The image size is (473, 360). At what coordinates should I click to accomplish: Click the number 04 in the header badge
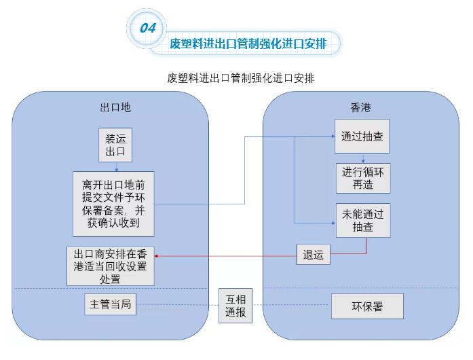click(x=148, y=28)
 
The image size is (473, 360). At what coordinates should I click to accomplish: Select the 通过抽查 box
click(x=362, y=137)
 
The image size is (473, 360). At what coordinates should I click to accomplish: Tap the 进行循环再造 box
click(x=362, y=178)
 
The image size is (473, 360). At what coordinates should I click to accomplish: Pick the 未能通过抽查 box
click(x=362, y=220)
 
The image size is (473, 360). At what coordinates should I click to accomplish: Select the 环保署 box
click(x=367, y=306)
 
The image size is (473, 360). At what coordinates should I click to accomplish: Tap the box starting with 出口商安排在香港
click(x=111, y=266)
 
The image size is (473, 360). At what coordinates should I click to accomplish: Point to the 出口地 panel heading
click(x=115, y=107)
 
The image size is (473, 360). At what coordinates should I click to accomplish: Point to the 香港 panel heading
click(x=360, y=107)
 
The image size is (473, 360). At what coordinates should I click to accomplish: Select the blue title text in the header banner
click(x=248, y=44)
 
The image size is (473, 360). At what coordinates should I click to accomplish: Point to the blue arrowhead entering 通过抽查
click(x=331, y=137)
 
